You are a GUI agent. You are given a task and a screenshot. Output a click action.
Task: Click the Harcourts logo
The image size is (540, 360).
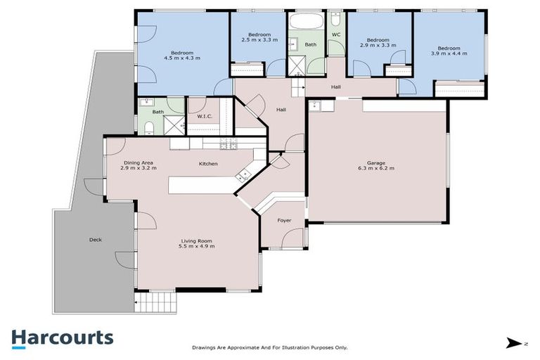pos(62,337)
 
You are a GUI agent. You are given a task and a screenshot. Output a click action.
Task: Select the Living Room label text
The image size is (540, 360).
pos(197,243)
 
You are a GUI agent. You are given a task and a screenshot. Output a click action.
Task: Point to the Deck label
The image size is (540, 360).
pos(96,240)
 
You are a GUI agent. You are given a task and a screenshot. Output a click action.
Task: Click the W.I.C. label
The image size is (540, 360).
pos(205,117)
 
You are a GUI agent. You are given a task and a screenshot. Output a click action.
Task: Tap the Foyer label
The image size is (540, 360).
pos(284,221)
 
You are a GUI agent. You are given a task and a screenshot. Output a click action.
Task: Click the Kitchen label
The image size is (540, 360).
pos(207,164)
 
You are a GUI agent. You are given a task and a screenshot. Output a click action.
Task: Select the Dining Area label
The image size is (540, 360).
pos(137,166)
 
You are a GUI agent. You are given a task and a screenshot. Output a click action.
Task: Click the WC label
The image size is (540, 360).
pos(336,34)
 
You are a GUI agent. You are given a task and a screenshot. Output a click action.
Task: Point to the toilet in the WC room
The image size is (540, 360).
pos(335,17)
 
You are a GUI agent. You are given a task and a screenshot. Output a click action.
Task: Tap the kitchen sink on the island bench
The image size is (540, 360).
pos(245,174)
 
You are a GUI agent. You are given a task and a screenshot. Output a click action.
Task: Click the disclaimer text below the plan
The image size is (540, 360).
pos(269,347)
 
